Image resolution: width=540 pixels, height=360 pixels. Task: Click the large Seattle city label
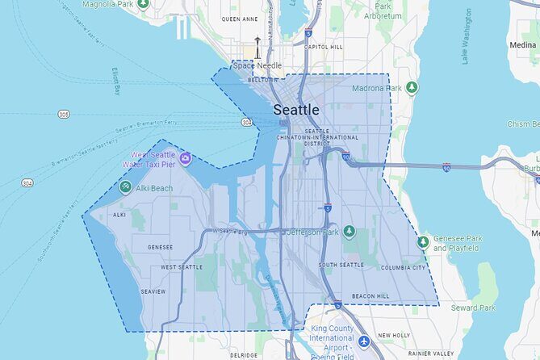(x=296, y=110)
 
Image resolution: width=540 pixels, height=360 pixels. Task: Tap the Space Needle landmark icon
(x=258, y=48)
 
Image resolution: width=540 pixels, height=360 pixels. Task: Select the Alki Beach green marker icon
(x=125, y=187)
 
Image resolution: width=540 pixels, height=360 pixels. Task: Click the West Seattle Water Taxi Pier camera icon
(x=186, y=159)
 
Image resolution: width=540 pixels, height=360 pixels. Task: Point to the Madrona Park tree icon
(x=412, y=87)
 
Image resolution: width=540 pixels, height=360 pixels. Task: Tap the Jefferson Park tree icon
(x=350, y=232)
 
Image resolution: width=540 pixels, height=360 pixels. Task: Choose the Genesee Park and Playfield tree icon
(x=423, y=241)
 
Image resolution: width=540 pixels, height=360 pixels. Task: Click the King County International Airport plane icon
(x=363, y=342)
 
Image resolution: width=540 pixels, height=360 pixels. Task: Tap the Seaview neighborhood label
(x=153, y=291)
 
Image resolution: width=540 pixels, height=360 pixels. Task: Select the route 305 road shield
(x=64, y=115)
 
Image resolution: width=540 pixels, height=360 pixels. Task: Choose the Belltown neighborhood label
(x=264, y=80)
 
